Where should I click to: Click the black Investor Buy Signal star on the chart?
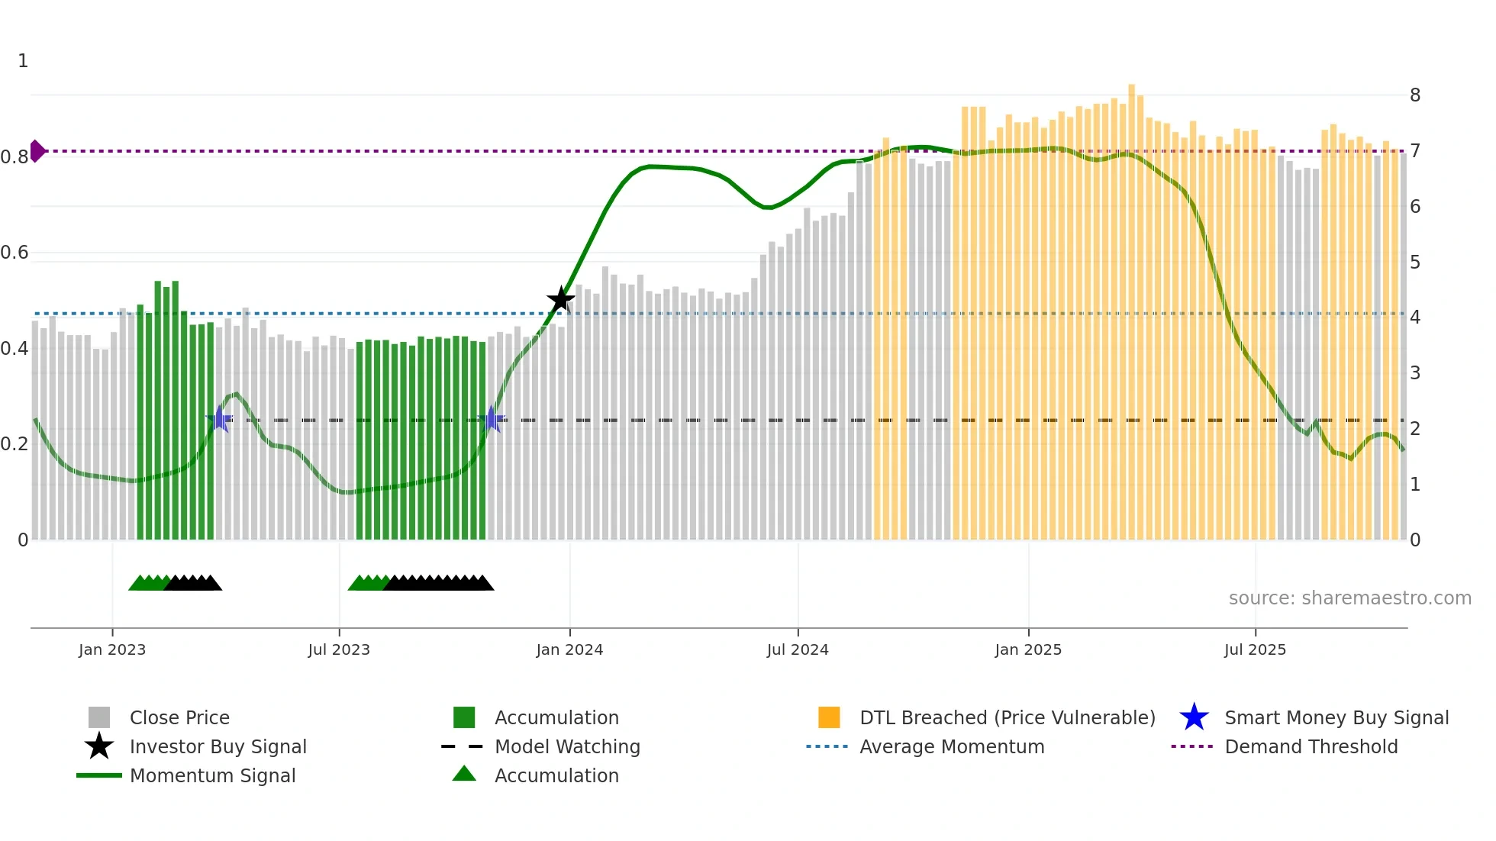coord(560,300)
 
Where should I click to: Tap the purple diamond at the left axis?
coord(37,151)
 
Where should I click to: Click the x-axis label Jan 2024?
coord(569,649)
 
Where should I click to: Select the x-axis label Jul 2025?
coord(1255,649)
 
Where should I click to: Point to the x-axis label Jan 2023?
coord(112,649)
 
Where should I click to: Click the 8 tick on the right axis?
coord(1415,95)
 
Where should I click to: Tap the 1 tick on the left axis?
coord(23,61)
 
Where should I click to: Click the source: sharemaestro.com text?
coord(1349,598)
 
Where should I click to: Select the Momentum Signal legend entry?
coord(212,775)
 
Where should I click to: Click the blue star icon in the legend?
coord(1194,717)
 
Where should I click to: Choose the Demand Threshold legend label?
coord(1311,746)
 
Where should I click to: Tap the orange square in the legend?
coord(829,717)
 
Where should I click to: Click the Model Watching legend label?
coord(567,746)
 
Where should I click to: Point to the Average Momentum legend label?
coord(952,746)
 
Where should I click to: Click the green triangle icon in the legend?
coord(464,775)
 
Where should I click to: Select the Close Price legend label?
coord(179,717)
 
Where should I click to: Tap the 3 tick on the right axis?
coord(1415,373)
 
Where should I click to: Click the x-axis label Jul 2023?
coord(339,649)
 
